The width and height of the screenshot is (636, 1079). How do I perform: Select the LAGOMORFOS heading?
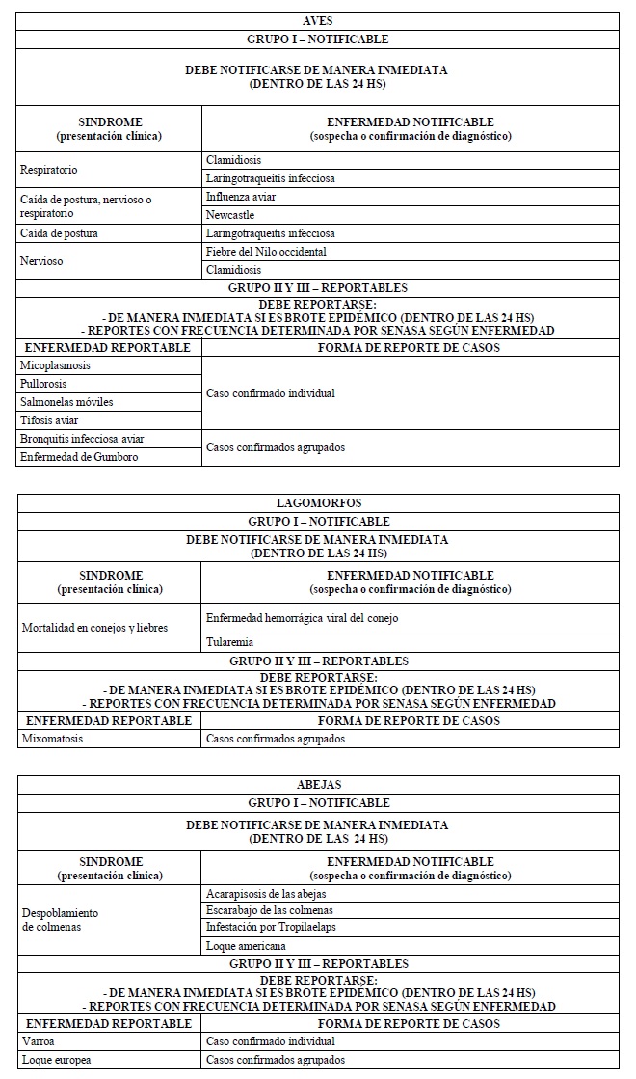point(317,502)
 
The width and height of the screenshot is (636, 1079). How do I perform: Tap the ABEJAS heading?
point(317,784)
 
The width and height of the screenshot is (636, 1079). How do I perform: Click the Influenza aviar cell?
point(241,197)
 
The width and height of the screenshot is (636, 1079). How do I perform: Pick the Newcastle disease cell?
point(230,215)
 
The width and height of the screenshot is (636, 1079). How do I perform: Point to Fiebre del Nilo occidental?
point(266,252)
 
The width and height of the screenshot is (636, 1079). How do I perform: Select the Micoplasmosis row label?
point(56,365)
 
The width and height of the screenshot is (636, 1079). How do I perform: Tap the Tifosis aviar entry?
point(49,420)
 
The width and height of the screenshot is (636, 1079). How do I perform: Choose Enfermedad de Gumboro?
point(79,457)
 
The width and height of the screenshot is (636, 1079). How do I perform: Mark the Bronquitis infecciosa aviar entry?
point(83,439)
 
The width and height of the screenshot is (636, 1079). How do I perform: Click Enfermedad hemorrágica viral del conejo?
point(302,617)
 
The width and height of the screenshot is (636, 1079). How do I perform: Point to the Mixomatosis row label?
point(53,740)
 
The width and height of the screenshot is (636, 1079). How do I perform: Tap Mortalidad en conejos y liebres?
point(94,628)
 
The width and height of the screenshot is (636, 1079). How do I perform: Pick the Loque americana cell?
point(246,945)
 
